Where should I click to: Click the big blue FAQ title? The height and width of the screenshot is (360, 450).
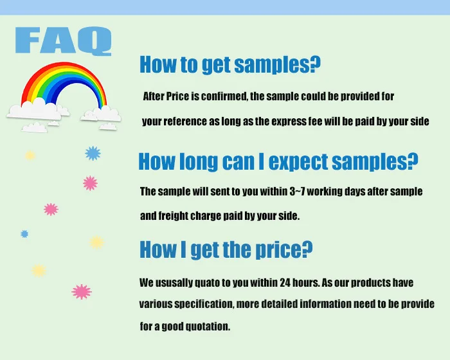63,40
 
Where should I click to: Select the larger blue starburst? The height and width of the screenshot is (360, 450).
93,153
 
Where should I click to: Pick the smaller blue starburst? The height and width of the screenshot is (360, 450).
24,234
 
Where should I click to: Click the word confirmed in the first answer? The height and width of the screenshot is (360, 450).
224,96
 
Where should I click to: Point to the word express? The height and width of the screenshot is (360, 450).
289,122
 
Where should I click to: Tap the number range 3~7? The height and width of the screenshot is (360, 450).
297,191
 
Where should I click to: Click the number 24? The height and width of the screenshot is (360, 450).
285,283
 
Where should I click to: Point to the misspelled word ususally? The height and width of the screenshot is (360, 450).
174,283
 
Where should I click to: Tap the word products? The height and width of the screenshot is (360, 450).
371,283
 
